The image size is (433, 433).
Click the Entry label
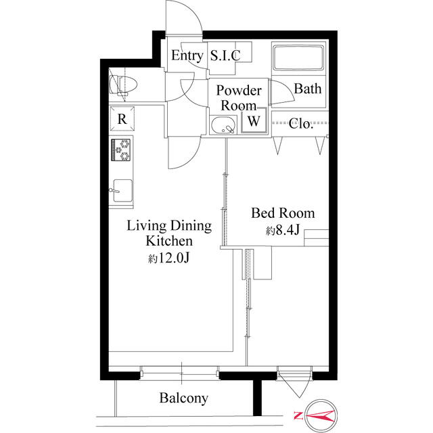point(187,55)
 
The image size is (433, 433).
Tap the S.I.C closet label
point(225,55)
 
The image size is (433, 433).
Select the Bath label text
point(308,89)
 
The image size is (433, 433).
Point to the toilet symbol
point(123,84)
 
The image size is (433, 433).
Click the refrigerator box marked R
point(122,119)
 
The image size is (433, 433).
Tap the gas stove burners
point(120,150)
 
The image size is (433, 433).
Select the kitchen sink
point(122,191)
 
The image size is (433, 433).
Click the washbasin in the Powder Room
point(223,125)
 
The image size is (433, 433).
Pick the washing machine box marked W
point(254,120)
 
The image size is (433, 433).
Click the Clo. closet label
point(300,123)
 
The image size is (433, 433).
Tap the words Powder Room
point(239,98)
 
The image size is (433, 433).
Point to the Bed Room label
point(283,213)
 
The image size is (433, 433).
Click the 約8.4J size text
point(283,230)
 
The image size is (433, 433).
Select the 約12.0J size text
point(168,258)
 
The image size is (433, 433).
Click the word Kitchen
point(169,241)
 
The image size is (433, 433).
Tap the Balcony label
point(183,398)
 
